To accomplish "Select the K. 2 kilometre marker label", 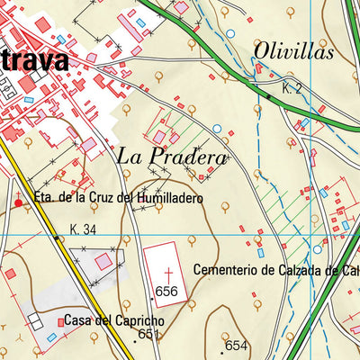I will pyautogui.click(x=291, y=88).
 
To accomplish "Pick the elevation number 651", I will pyautogui.click(x=148, y=334).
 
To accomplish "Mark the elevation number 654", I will pyautogui.click(x=236, y=346).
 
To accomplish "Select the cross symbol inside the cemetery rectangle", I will pyautogui.click(x=169, y=271).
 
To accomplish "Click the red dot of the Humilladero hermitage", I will pyautogui.click(x=18, y=202).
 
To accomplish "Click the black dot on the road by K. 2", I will pyautogui.click(x=268, y=95).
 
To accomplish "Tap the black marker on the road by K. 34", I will pyautogui.click(x=55, y=238).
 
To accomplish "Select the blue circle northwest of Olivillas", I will pyautogui.click(x=229, y=33).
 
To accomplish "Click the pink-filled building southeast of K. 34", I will pyautogui.click(x=103, y=261).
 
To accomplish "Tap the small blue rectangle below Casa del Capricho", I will pyautogui.click(x=52, y=337).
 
